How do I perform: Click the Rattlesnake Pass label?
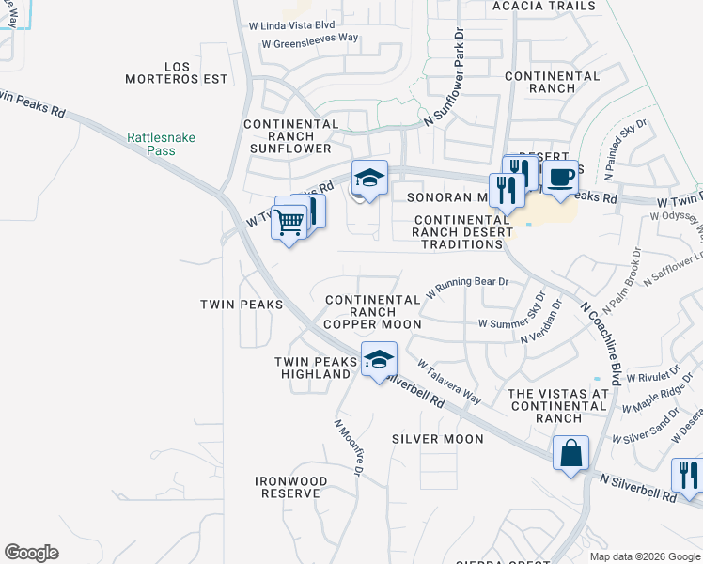click(x=162, y=144)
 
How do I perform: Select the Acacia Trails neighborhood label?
click(x=544, y=6)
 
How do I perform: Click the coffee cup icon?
click(x=560, y=177)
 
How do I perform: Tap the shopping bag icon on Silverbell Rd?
click(x=570, y=453)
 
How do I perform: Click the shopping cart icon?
click(x=290, y=223)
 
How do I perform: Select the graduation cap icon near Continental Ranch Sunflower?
click(x=369, y=178)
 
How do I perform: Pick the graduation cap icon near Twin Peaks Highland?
click(x=379, y=359)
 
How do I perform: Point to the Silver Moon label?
click(x=437, y=439)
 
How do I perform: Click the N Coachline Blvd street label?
click(x=602, y=343)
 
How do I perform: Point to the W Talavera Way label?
click(x=449, y=382)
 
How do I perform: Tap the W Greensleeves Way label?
click(x=310, y=41)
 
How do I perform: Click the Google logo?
click(x=31, y=553)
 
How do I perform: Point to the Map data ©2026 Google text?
click(x=645, y=556)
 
